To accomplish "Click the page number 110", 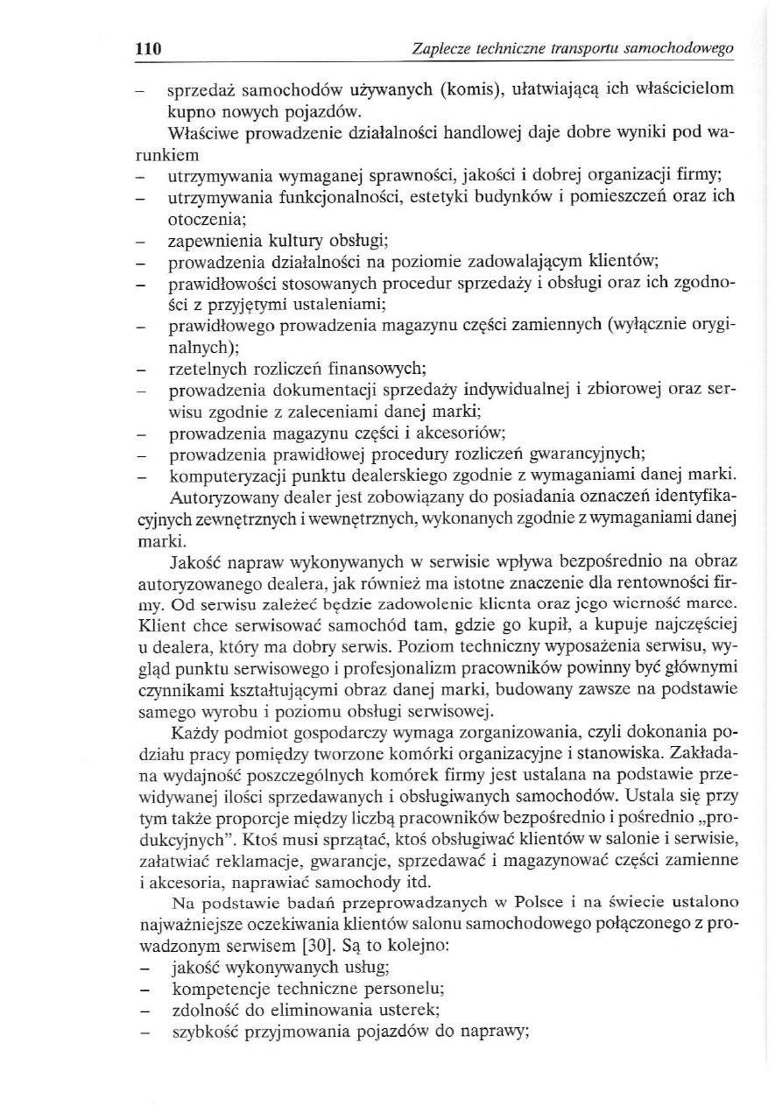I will [x=148, y=49].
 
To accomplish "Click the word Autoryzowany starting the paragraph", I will [x=220, y=497].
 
